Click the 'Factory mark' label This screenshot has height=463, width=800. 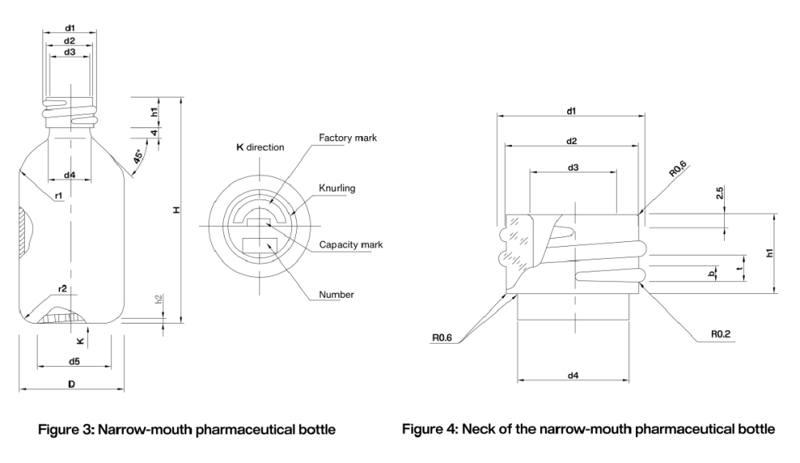347,138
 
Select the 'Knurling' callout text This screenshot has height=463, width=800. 337,188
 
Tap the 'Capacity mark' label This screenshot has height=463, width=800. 351,245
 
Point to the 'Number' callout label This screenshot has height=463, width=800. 336,294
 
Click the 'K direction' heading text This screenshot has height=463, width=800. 260,147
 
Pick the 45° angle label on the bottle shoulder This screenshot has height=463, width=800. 138,157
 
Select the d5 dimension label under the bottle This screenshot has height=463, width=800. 74,361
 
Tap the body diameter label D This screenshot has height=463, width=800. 71,384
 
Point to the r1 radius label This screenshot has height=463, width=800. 58,195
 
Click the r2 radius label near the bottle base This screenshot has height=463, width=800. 62,288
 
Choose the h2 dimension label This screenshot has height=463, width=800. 158,300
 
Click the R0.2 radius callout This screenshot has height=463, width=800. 721,334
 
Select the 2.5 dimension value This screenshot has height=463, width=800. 719,193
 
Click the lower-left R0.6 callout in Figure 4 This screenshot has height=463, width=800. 442,338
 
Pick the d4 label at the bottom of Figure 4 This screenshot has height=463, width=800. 573,376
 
